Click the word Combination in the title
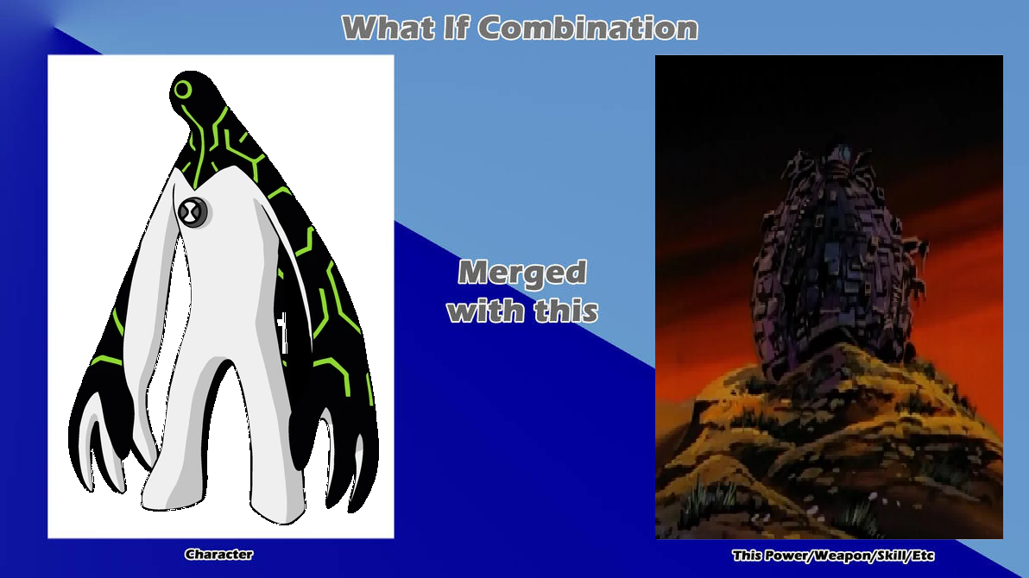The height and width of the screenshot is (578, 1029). click(x=587, y=28)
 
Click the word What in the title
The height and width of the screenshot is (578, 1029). click(x=388, y=28)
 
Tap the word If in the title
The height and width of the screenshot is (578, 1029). click(x=456, y=28)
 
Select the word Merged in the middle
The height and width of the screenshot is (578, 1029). click(x=522, y=273)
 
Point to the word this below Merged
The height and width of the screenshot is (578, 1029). click(x=566, y=310)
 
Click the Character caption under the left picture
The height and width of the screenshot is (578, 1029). click(x=218, y=555)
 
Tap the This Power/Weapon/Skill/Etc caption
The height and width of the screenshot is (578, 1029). click(x=833, y=556)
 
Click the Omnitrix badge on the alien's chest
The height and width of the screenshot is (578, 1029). click(x=193, y=212)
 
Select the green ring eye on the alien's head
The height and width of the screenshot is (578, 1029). click(x=183, y=90)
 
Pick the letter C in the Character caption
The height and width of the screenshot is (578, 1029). click(x=190, y=555)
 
